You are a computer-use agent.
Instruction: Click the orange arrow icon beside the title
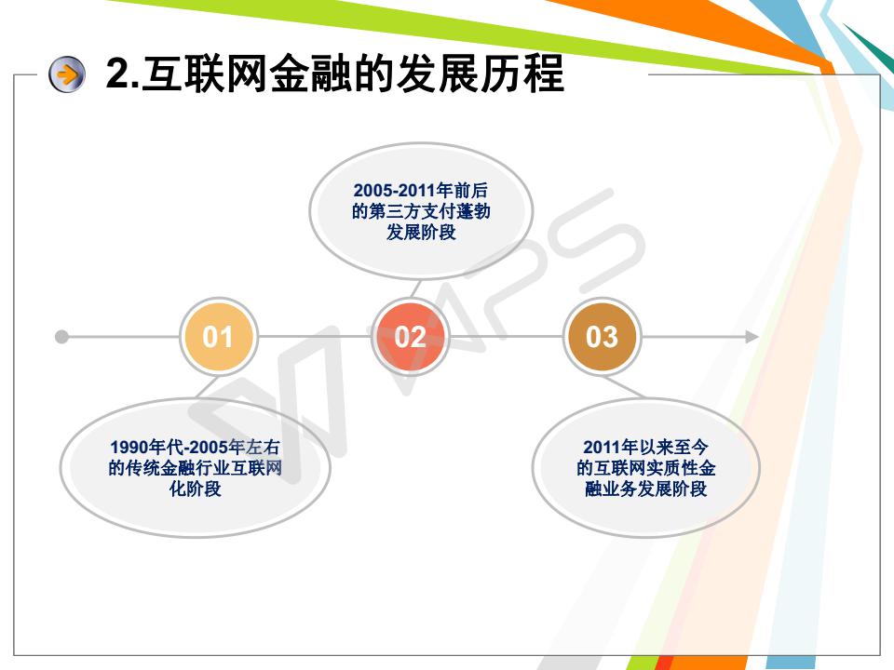67,74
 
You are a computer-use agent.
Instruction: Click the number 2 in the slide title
117,73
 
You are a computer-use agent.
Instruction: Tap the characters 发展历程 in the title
481,74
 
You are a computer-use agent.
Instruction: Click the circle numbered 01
218,337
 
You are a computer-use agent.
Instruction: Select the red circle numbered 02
410,337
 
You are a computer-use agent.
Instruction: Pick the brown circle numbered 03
602,337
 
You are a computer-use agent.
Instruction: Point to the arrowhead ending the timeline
752,337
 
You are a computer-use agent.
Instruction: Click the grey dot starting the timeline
61,337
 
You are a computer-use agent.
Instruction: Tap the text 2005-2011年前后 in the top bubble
421,190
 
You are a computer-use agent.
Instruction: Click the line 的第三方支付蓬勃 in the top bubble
421,211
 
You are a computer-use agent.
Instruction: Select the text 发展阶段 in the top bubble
421,233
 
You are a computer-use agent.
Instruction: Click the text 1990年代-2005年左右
195,447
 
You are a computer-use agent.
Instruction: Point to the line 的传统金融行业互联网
195,468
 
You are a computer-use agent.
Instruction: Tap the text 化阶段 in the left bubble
195,489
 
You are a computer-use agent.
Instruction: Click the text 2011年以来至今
645,447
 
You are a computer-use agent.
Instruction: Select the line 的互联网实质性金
645,468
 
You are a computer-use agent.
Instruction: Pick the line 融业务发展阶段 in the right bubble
645,489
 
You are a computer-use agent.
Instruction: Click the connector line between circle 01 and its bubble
208,386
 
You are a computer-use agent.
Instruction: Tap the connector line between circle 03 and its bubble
623,386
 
